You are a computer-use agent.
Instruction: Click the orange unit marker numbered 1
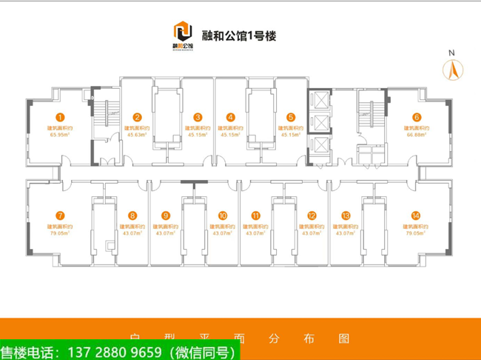coord(61,117)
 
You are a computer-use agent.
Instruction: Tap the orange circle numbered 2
coord(138,117)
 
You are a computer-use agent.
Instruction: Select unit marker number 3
coord(198,117)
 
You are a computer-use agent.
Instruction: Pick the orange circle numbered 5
coord(291,117)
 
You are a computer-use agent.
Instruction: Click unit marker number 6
coord(417,117)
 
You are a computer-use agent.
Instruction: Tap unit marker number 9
coord(165,216)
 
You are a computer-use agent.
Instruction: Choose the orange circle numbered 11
coord(255,216)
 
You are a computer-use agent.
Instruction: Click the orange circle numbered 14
coord(416,216)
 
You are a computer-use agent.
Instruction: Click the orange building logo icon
coord(183,33)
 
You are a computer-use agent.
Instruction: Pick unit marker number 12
coord(312,216)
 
